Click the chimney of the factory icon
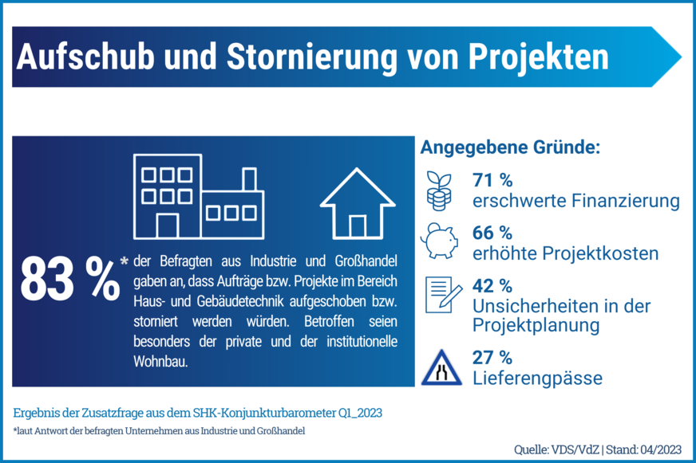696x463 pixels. (248, 179)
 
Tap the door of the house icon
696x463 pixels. (358, 226)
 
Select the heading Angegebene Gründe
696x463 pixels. (510, 149)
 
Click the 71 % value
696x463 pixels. (492, 179)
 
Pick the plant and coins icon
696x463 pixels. (440, 190)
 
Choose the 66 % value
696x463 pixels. (492, 233)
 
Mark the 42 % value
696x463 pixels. (492, 285)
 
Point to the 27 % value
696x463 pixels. (492, 357)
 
